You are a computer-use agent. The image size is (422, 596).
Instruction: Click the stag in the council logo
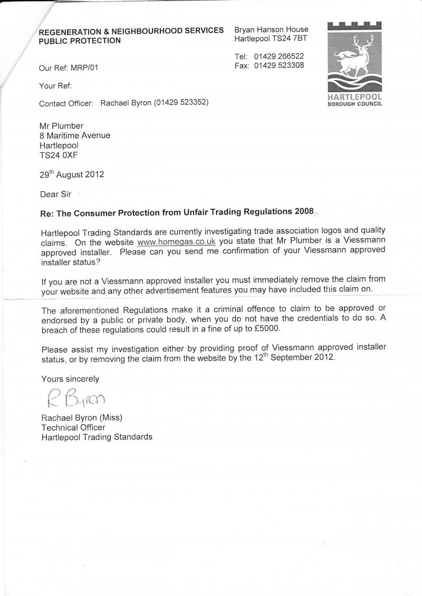pyautogui.click(x=355, y=55)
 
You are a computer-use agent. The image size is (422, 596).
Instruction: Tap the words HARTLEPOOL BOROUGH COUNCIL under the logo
pyautogui.click(x=355, y=100)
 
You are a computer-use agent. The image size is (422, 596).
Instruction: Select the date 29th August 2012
pyautogui.click(x=72, y=174)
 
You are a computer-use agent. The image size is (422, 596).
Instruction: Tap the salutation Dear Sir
pyautogui.click(x=55, y=194)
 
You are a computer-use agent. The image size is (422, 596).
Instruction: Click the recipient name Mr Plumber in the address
pyautogui.click(x=61, y=125)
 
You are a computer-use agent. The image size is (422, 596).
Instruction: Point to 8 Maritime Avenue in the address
pyautogui.click(x=75, y=135)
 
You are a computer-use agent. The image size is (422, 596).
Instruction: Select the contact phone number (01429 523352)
pyautogui.click(x=181, y=103)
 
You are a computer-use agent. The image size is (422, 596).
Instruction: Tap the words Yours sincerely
pyautogui.click(x=70, y=379)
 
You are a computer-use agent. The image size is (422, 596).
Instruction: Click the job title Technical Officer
pyautogui.click(x=73, y=427)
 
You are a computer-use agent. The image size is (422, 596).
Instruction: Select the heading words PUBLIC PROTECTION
pyautogui.click(x=80, y=41)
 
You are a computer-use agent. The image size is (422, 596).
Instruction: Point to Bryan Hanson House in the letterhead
pyautogui.click(x=271, y=29)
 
